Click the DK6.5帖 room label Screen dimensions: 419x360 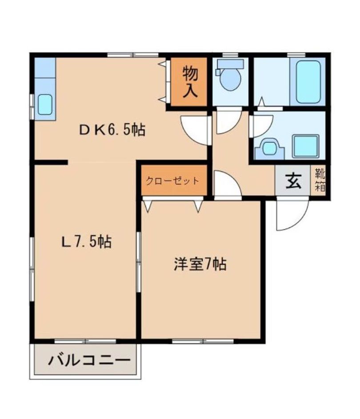[x=112, y=130]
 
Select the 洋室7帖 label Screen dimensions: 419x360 [x=200, y=265]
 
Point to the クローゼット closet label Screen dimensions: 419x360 [x=173, y=181]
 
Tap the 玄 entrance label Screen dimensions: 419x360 [x=292, y=181]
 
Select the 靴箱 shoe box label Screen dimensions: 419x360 [x=320, y=180]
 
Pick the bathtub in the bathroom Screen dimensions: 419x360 [x=307, y=81]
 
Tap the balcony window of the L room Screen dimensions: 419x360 [x=84, y=341]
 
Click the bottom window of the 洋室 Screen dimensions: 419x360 [x=202, y=341]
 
